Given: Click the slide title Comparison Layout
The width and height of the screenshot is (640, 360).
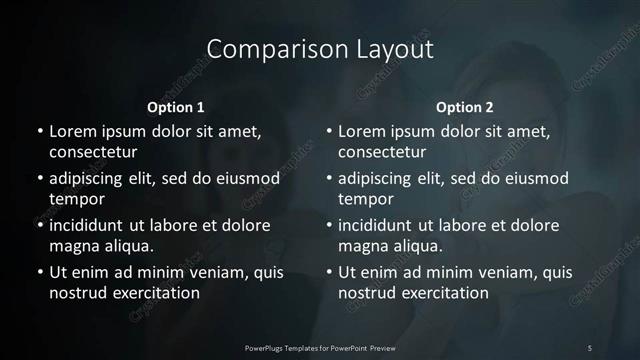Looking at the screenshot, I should pyautogui.click(x=320, y=49).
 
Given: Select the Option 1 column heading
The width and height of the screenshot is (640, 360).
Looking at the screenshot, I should pyautogui.click(x=176, y=107).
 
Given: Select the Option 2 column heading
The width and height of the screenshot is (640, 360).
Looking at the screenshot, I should pyautogui.click(x=465, y=107).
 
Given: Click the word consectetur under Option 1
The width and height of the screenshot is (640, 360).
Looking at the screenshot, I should pyautogui.click(x=93, y=152).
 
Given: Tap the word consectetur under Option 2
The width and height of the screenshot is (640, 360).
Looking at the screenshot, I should pyautogui.click(x=382, y=152).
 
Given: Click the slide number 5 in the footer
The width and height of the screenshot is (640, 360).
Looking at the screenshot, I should pyautogui.click(x=590, y=347).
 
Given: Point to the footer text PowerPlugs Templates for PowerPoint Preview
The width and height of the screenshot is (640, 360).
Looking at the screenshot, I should pyautogui.click(x=320, y=347).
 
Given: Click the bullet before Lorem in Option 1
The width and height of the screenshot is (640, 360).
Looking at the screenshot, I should pyautogui.click(x=39, y=132).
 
